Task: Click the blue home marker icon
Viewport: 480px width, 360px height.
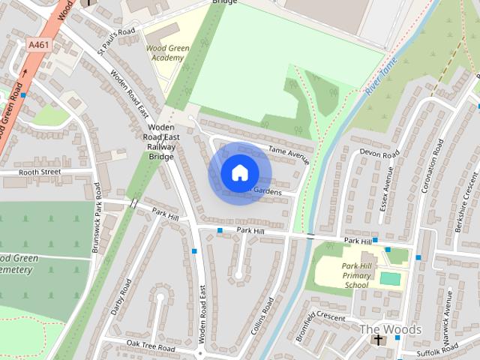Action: click(x=239, y=172)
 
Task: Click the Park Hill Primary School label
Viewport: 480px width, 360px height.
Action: click(x=356, y=275)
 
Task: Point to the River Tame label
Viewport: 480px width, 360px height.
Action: click(x=380, y=77)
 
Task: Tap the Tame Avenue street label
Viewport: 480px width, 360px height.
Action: click(x=289, y=155)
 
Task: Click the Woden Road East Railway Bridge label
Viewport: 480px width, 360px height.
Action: click(x=158, y=142)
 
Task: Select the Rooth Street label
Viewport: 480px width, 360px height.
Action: click(x=39, y=172)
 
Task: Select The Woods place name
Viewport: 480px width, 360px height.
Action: click(x=391, y=329)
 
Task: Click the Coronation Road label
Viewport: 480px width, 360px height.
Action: click(x=435, y=168)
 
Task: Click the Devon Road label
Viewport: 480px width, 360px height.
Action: click(x=379, y=153)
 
